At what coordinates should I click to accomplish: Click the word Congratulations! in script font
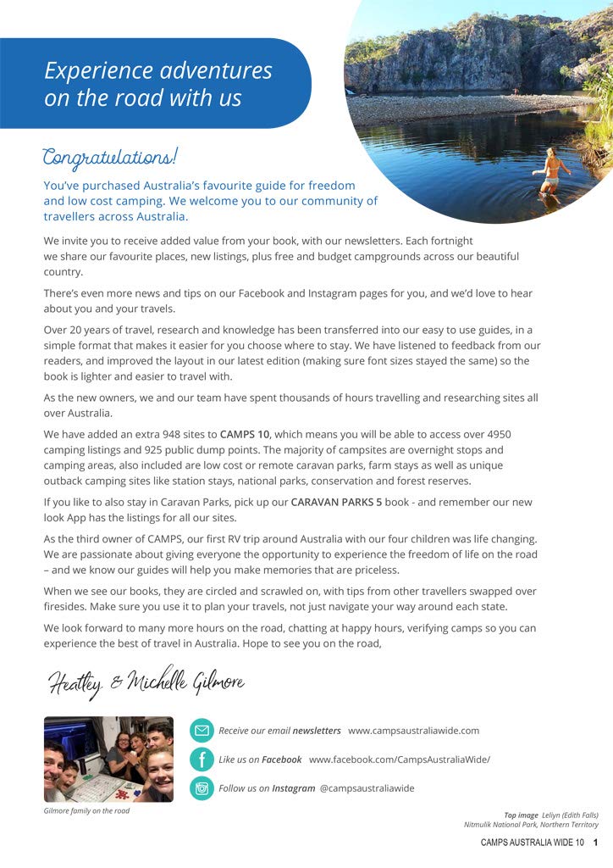pos(110,158)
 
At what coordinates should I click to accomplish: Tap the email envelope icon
pos(202,730)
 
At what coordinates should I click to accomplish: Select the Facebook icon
pos(202,759)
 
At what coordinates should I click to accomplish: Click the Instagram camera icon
pos(202,787)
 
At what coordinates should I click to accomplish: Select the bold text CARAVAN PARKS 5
pos(336,502)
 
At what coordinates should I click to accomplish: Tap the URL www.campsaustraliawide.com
pos(413,731)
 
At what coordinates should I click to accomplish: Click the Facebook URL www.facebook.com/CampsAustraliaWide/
pos(399,759)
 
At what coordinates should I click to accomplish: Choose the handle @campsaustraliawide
pos(367,788)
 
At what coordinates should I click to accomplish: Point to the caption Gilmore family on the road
pos(86,811)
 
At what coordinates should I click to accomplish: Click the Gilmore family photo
pos(108,759)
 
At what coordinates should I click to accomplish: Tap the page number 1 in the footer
pos(596,843)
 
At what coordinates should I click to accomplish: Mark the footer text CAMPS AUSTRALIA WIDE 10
pos(532,843)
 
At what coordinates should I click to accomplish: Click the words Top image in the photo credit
pos(522,815)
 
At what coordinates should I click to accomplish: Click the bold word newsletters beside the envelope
pos(317,731)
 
